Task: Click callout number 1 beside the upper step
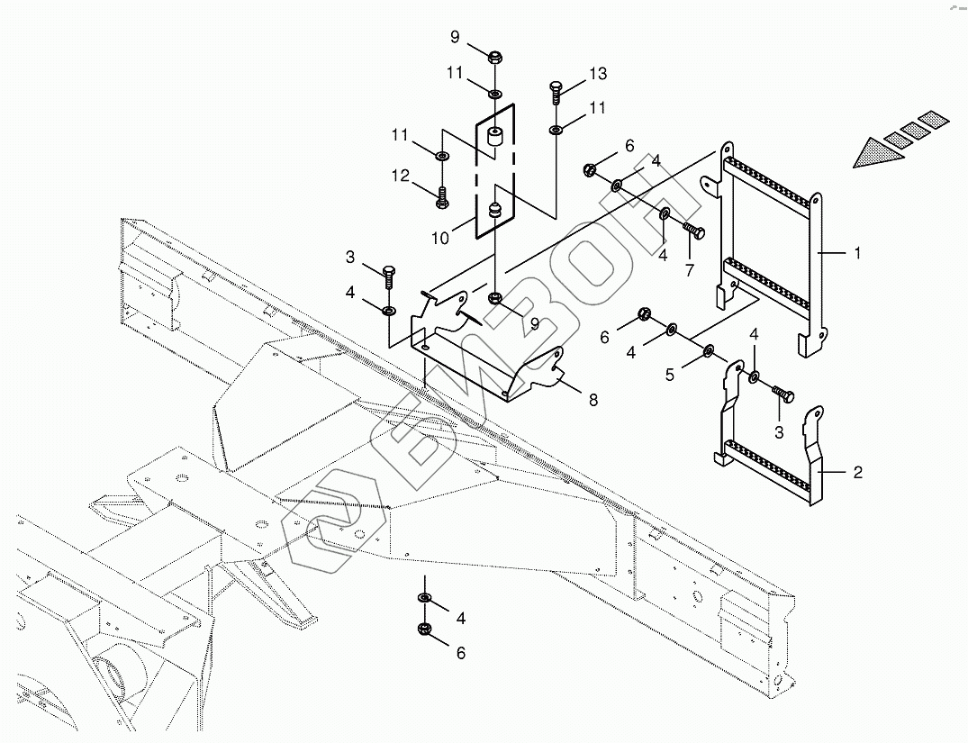[856, 254]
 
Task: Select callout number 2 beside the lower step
[856, 472]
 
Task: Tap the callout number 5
[669, 374]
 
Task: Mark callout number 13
[598, 74]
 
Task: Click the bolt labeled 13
[556, 92]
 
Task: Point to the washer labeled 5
[709, 349]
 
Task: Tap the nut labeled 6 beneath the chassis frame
[424, 629]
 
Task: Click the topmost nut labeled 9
[493, 59]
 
